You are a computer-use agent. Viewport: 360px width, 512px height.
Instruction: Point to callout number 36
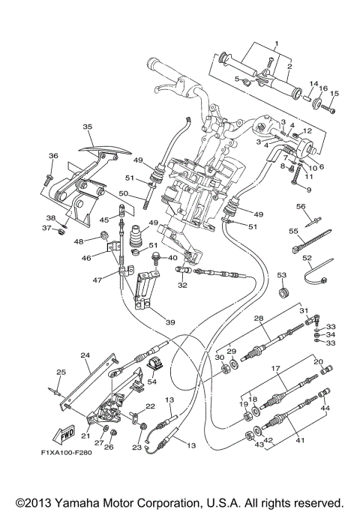(x=53, y=156)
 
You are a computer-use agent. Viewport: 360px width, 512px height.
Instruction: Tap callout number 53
(x=282, y=275)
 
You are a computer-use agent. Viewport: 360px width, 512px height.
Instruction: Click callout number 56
(x=300, y=206)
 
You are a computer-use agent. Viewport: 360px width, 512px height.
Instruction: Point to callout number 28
(x=257, y=319)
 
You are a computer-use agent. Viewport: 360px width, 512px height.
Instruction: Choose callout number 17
(x=275, y=369)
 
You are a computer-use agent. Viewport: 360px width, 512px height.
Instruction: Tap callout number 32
(x=182, y=285)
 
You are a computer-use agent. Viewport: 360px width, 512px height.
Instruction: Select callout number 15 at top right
(x=334, y=94)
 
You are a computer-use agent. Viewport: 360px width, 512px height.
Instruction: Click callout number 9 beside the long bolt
(x=307, y=190)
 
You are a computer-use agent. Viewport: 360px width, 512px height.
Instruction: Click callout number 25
(x=61, y=373)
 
